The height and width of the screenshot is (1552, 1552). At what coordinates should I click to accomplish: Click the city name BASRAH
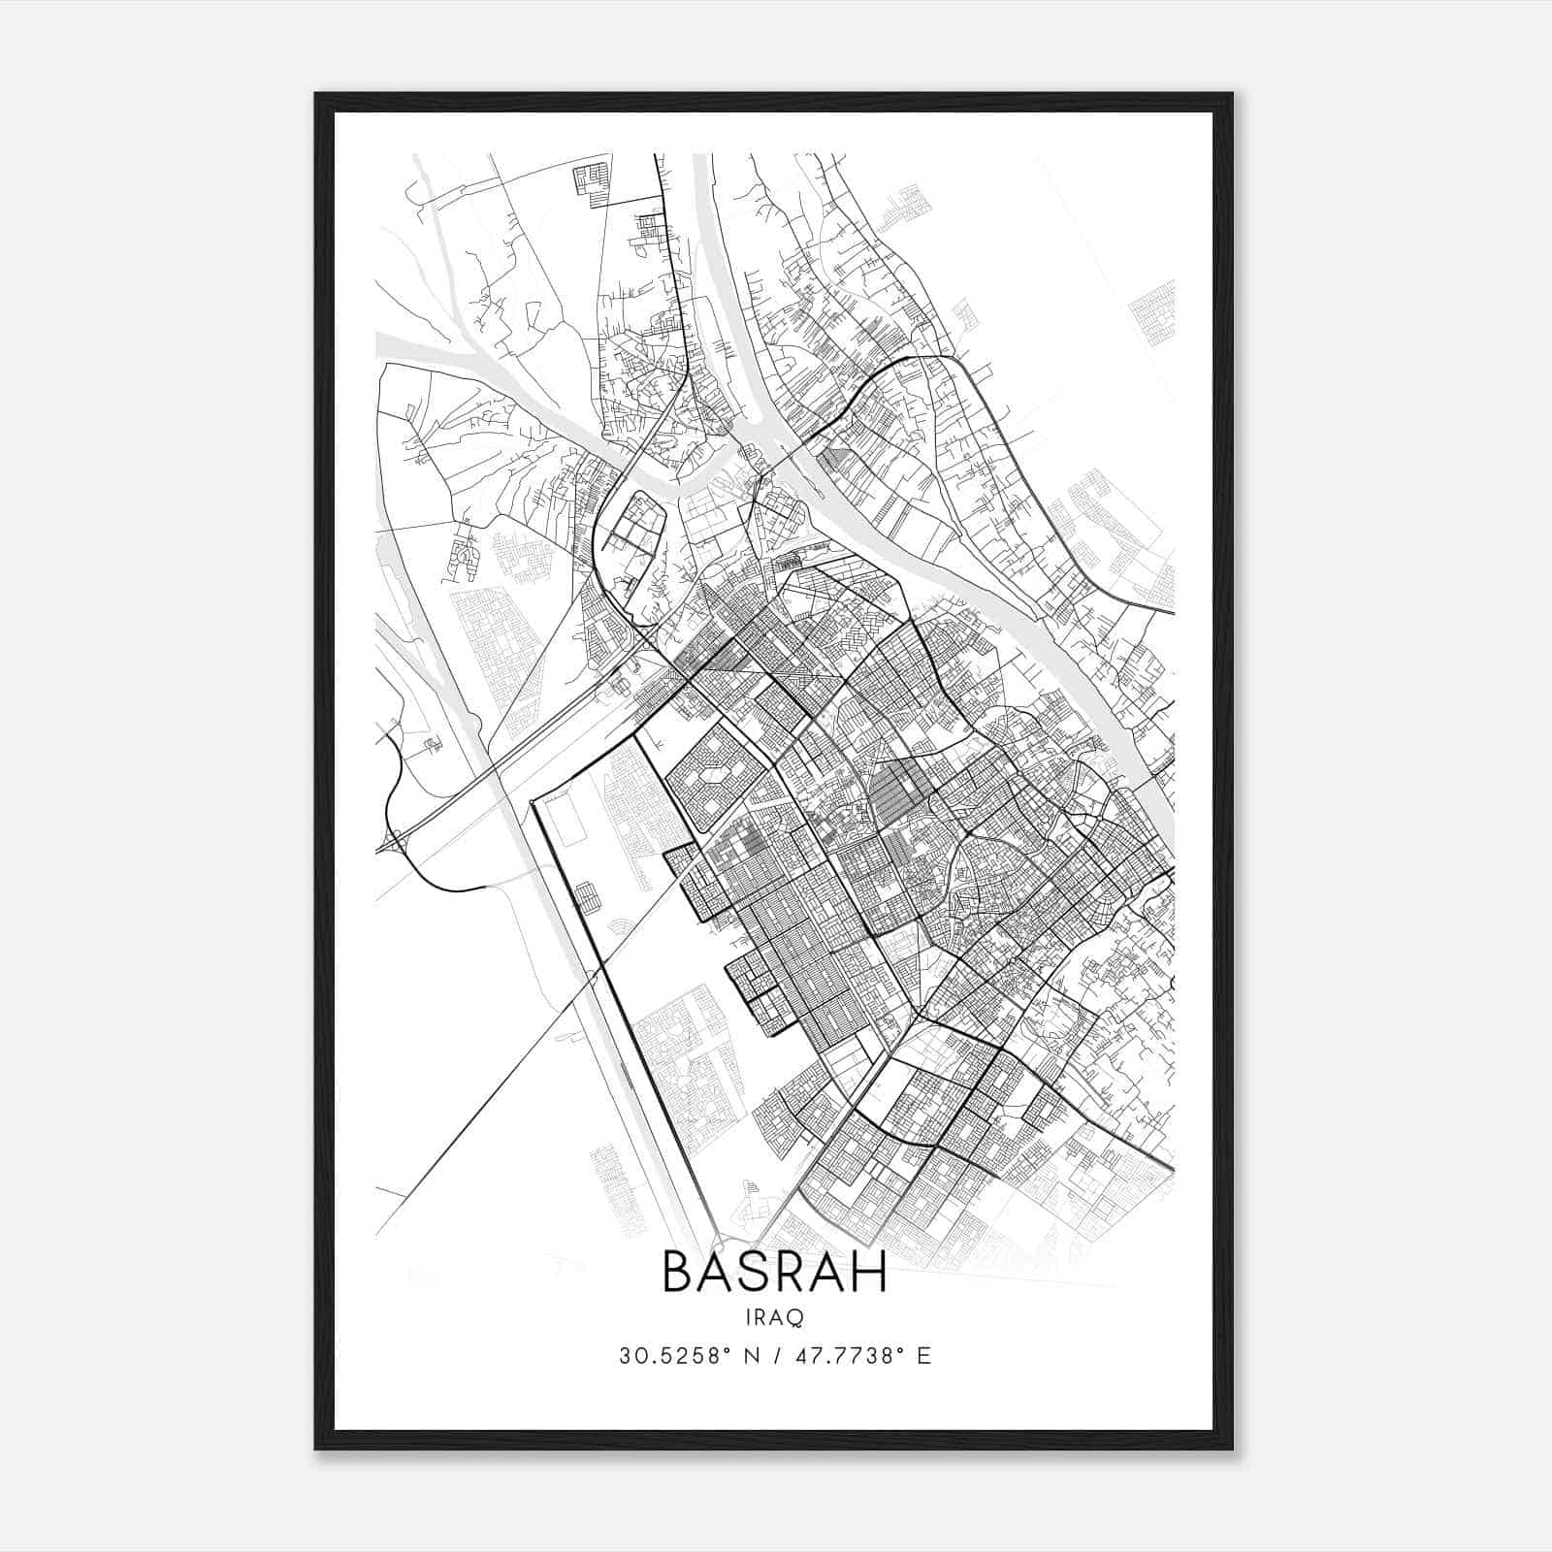tap(774, 1273)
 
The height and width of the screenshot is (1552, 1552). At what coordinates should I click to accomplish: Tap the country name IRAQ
tap(774, 1317)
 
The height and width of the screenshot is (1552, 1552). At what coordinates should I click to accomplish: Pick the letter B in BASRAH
tap(677, 1273)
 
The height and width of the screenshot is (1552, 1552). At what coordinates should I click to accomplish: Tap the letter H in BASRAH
tap(870, 1273)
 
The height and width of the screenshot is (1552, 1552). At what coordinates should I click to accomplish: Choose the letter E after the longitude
tap(923, 1356)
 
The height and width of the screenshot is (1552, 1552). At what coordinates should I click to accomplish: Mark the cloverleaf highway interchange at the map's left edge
tap(396, 841)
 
